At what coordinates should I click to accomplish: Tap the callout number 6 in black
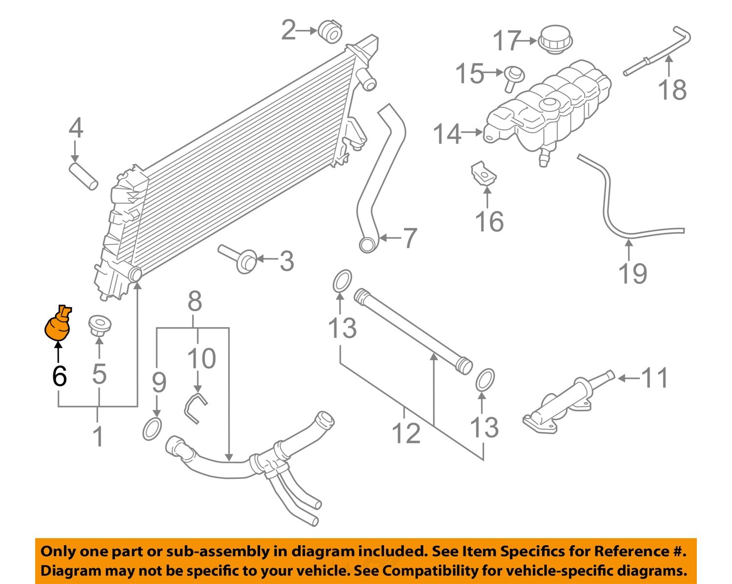[59, 376]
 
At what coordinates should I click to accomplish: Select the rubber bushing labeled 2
[330, 31]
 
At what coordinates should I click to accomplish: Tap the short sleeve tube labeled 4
[83, 176]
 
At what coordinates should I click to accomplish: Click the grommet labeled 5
[100, 325]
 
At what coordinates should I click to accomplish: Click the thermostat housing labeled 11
[566, 403]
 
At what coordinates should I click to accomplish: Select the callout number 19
[632, 273]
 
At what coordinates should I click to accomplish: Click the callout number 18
[672, 90]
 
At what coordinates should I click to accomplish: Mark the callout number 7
[409, 238]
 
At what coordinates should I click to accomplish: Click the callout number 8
[195, 302]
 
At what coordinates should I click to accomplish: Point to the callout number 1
[98, 436]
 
